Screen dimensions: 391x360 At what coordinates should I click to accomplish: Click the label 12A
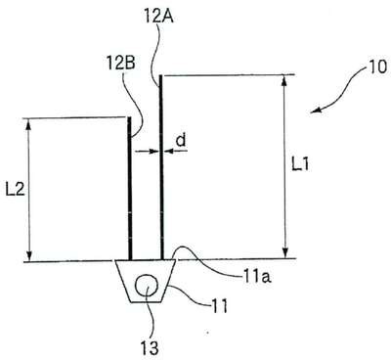(x=158, y=16)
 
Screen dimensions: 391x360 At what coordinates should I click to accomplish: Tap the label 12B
(x=120, y=64)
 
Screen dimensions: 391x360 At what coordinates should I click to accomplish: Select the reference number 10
(x=377, y=67)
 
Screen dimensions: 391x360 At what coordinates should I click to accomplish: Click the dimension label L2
(x=16, y=189)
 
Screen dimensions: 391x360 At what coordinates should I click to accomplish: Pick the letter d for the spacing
(x=181, y=140)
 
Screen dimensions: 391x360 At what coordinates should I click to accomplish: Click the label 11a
(x=256, y=277)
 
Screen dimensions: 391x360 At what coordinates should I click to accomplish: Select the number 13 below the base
(x=150, y=347)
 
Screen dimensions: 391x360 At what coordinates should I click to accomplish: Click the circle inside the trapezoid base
(x=147, y=285)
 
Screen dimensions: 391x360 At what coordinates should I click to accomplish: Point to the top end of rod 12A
(x=160, y=76)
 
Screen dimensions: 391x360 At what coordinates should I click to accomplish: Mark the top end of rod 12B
(x=129, y=117)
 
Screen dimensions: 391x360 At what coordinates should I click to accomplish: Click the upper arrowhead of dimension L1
(x=284, y=80)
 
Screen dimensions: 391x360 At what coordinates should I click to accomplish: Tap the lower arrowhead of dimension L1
(x=285, y=253)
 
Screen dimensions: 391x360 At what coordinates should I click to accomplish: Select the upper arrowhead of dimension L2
(x=28, y=123)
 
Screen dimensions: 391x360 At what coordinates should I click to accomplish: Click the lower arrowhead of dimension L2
(x=29, y=255)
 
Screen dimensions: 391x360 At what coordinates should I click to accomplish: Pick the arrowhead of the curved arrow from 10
(x=316, y=111)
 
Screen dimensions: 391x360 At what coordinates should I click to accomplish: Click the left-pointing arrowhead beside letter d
(x=168, y=151)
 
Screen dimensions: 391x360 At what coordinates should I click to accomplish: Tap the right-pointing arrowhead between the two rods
(x=153, y=151)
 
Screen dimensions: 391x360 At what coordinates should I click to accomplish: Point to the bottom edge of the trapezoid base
(x=146, y=301)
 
